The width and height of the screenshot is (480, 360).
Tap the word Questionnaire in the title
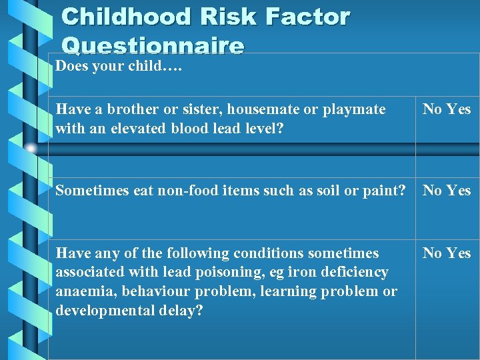click(153, 45)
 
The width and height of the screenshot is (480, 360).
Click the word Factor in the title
click(307, 17)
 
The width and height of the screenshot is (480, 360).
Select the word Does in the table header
click(71, 66)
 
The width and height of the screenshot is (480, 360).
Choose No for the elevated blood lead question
click(432, 109)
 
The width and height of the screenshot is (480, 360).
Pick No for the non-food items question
click(432, 191)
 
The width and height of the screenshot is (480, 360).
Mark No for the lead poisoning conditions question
click(432, 253)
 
